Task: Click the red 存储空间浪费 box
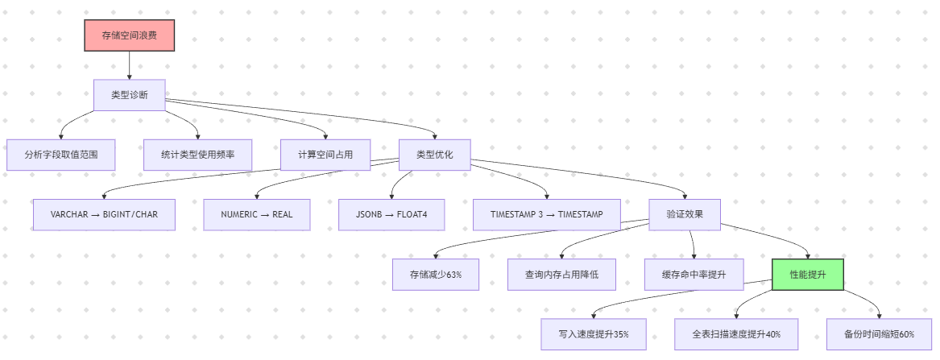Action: (129, 35)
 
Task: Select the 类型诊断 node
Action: (129, 95)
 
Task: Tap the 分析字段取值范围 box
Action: (61, 155)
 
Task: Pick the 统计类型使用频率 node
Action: (197, 155)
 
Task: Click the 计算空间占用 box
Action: (325, 155)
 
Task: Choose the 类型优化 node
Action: (435, 155)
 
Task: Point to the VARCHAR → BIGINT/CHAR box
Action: (104, 215)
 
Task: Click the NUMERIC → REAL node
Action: (256, 215)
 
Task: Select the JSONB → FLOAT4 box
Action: (391, 215)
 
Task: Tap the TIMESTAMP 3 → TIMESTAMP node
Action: (546, 215)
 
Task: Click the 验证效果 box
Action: (685, 215)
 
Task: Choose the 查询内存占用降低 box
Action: (562, 275)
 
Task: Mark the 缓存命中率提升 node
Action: (694, 275)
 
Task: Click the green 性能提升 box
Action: (808, 275)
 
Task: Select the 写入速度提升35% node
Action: (594, 334)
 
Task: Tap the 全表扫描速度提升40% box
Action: (736, 334)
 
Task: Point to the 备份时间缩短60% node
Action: (879, 334)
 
